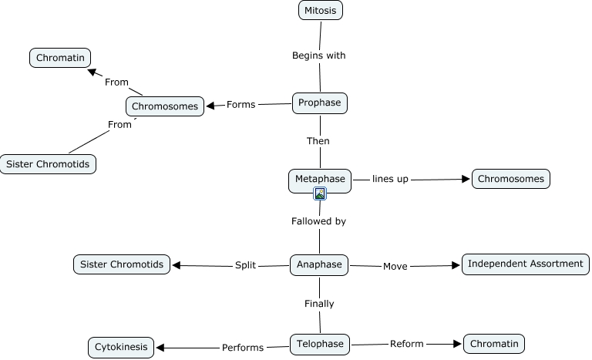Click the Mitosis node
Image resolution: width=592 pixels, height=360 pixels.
click(x=321, y=11)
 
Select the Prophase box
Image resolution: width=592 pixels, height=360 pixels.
click(x=320, y=103)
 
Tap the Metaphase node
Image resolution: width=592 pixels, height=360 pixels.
click(x=320, y=180)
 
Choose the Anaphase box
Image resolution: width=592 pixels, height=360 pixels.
click(x=319, y=264)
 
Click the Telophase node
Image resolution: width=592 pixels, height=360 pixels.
click(x=320, y=344)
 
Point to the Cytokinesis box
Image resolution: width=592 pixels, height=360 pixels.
click(x=122, y=347)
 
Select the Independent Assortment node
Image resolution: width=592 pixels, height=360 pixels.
click(x=526, y=264)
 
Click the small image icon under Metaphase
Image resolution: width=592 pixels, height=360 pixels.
click(x=320, y=193)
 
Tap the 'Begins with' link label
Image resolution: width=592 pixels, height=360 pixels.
click(x=319, y=56)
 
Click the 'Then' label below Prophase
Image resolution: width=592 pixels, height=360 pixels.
click(x=318, y=141)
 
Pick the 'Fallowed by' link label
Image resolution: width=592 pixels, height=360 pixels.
click(x=318, y=221)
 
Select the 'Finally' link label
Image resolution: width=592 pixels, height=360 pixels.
click(x=319, y=304)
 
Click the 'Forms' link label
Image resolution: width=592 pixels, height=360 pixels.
click(x=240, y=105)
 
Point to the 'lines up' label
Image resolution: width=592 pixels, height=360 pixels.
click(x=390, y=179)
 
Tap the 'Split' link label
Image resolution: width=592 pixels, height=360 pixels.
click(x=244, y=265)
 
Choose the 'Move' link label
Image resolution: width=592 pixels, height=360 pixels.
click(x=395, y=266)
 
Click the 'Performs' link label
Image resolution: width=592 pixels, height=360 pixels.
click(x=243, y=348)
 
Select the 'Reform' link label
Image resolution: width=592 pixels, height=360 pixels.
click(x=406, y=344)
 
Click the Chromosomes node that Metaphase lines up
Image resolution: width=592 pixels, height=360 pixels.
click(x=511, y=179)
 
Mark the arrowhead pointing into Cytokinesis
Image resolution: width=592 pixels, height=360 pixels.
click(x=160, y=348)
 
